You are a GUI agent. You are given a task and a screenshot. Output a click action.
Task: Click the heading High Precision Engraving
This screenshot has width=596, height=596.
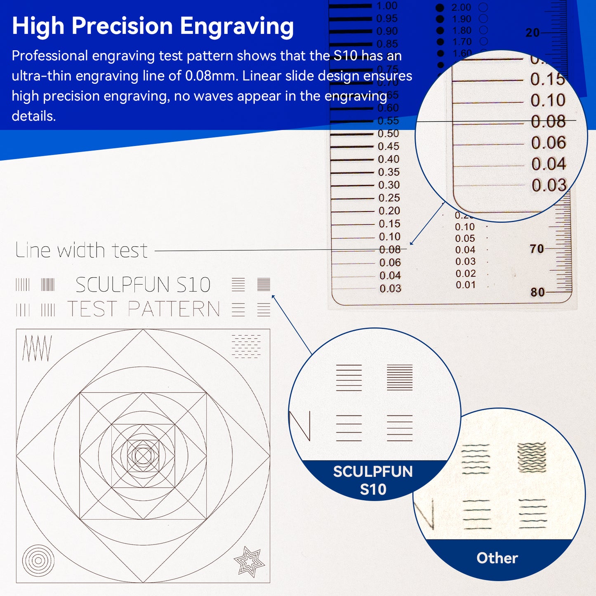[x=153, y=26]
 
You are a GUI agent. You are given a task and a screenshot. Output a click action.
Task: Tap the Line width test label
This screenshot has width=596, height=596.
[x=81, y=250]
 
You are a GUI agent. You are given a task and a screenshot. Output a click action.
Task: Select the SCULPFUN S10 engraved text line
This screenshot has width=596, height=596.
[x=143, y=285]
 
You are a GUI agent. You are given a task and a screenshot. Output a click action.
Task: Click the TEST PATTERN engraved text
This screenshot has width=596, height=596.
[x=144, y=309]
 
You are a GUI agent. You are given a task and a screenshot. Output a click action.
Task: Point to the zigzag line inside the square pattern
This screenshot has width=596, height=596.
[x=37, y=348]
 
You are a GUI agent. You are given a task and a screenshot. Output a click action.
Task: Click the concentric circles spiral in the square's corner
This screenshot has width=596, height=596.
[x=38, y=561]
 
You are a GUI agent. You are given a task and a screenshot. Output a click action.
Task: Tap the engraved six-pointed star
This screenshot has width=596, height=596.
[x=249, y=561]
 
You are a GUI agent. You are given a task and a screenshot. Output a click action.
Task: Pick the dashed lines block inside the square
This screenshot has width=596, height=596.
[x=246, y=346]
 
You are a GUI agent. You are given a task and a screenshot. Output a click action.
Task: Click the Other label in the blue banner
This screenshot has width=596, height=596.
[x=497, y=558]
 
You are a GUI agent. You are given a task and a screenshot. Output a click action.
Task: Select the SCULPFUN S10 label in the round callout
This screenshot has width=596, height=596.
[x=373, y=480]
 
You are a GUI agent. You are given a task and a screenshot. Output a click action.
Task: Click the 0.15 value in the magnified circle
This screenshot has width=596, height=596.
[x=547, y=79]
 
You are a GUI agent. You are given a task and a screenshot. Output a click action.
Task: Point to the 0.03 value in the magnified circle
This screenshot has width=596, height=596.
[x=549, y=185]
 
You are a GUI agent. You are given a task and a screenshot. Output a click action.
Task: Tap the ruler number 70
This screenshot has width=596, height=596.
[x=537, y=249]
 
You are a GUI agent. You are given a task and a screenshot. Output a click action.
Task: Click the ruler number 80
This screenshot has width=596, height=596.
[x=537, y=292]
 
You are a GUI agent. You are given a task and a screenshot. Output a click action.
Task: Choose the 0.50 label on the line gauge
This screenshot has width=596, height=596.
[x=388, y=134]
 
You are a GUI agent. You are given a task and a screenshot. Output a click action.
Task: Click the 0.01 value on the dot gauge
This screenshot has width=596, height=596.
[x=465, y=285]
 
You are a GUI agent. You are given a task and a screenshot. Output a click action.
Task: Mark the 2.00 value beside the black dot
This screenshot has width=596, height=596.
[x=461, y=7]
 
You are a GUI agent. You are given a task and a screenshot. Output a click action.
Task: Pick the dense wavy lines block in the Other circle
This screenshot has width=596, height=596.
[x=532, y=457]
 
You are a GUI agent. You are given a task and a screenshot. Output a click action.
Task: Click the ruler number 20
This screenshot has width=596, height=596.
[x=532, y=33]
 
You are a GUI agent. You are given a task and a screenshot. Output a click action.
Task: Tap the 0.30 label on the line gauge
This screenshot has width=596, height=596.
[x=389, y=185]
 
